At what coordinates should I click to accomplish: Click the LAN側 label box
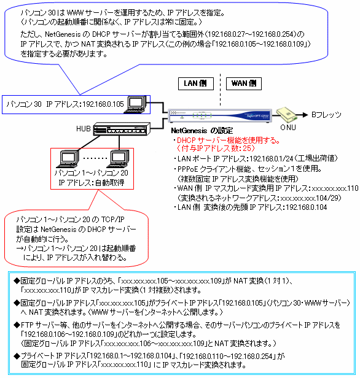[196, 83]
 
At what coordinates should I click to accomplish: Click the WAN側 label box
[244, 83]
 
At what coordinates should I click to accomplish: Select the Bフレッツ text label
[326, 115]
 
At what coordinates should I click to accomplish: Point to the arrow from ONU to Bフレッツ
[303, 115]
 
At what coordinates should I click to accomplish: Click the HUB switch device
[122, 129]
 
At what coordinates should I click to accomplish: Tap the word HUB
[84, 129]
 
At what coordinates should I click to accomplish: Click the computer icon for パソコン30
[136, 104]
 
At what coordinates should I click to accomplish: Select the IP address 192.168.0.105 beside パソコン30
[103, 104]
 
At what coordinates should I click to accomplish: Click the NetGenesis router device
[220, 115]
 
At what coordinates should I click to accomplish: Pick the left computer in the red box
[68, 159]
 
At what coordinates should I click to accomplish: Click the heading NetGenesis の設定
[202, 131]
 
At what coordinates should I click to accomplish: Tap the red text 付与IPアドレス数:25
[216, 148]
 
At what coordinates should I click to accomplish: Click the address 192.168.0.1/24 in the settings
[271, 158]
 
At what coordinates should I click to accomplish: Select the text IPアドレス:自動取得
[92, 182]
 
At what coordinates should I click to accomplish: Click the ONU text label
[288, 127]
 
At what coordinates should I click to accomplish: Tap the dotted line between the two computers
[95, 158]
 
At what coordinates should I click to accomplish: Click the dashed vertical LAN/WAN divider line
[220, 90]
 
